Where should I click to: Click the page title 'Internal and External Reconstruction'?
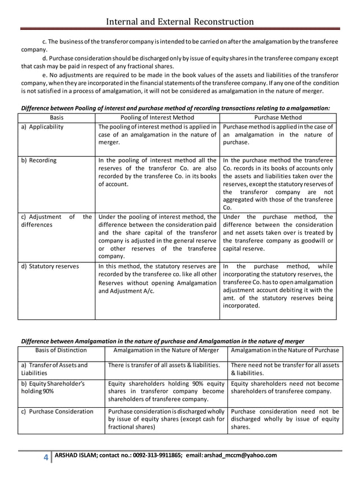(180, 21)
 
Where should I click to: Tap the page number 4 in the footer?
(46, 457)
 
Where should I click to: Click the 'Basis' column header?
(56, 117)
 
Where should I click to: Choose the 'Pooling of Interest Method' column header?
(157, 117)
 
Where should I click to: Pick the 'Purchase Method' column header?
(279, 117)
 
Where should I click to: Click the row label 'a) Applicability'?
(42, 127)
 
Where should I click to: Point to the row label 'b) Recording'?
(39, 160)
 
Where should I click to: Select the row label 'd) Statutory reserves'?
(50, 266)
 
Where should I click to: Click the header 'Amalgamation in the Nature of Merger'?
(166, 351)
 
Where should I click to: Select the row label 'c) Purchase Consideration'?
(57, 412)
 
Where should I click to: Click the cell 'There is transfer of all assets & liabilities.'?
(164, 365)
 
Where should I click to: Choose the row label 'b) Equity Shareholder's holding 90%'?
(52, 388)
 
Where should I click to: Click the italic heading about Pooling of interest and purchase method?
(175, 108)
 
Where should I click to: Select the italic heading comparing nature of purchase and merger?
(163, 341)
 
